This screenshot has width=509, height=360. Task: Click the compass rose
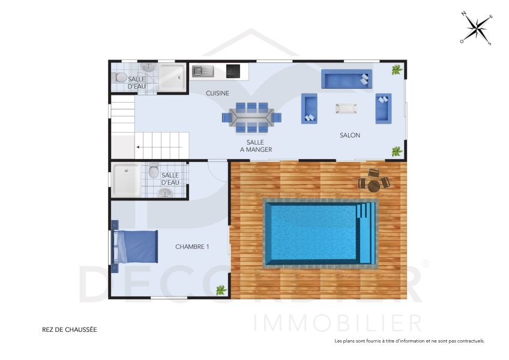(x=477, y=28)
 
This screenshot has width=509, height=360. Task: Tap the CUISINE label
(x=217, y=93)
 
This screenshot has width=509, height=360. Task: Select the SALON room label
(x=350, y=135)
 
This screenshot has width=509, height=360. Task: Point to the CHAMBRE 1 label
(x=192, y=247)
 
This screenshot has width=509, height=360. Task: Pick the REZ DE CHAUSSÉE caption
(x=69, y=329)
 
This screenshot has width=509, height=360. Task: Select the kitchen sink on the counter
(x=203, y=71)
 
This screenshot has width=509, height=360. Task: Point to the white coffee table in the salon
(x=346, y=108)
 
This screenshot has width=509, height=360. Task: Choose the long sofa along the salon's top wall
(x=346, y=79)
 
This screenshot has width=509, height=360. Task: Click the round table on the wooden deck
(x=374, y=185)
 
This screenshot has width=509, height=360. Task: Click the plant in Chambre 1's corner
(x=221, y=290)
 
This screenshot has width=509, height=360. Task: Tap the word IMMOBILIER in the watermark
(x=337, y=323)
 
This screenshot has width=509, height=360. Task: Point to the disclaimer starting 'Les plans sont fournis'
(x=409, y=341)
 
